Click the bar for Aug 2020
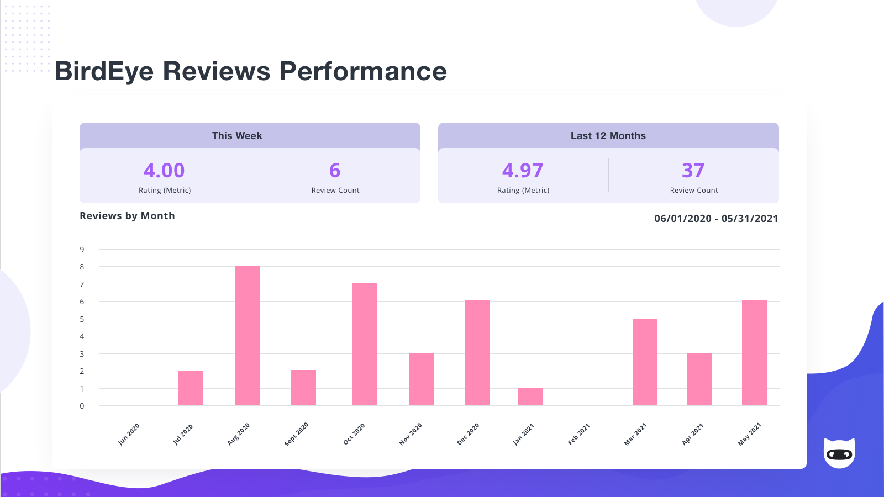(x=247, y=336)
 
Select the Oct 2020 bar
(x=365, y=344)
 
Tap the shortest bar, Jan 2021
(x=530, y=397)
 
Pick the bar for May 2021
(x=754, y=353)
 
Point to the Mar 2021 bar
(x=645, y=362)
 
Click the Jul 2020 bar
(x=191, y=388)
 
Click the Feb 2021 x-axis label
(x=579, y=434)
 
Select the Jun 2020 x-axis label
(x=129, y=434)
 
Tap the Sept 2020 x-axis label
(x=296, y=434)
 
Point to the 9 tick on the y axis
(x=82, y=250)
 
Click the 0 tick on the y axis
(x=82, y=406)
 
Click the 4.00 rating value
(x=164, y=170)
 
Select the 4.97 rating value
(x=523, y=170)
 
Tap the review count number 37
(x=693, y=170)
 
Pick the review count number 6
(x=335, y=170)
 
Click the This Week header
(x=237, y=136)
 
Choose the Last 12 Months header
(x=608, y=136)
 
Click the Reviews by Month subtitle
(x=127, y=216)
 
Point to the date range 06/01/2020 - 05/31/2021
(x=716, y=219)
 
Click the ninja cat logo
(x=839, y=453)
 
